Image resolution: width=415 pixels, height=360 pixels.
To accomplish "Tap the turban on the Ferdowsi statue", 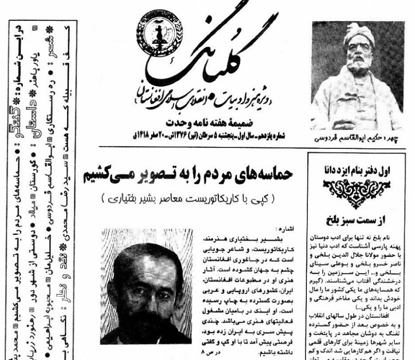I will click(358, 34).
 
